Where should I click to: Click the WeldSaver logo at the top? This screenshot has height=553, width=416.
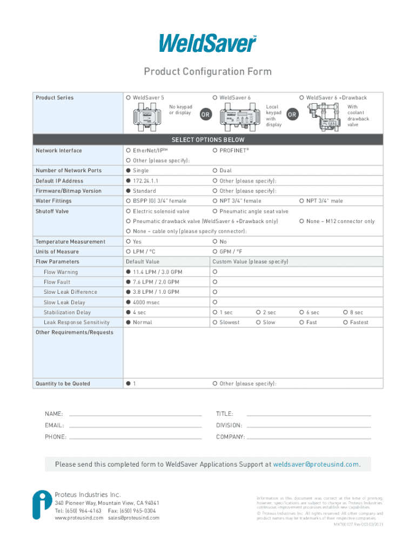(x=207, y=43)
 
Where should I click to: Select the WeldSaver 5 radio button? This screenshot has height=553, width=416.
(x=128, y=98)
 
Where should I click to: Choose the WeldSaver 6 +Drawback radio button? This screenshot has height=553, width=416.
(x=301, y=98)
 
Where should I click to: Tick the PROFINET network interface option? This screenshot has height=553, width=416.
(x=215, y=150)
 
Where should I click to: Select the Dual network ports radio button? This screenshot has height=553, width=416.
(x=215, y=171)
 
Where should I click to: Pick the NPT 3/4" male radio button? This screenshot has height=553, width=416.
(x=301, y=201)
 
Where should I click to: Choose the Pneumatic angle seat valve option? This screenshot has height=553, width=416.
(x=215, y=211)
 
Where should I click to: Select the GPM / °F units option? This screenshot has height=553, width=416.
(x=215, y=252)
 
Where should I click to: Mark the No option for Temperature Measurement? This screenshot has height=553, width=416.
(x=215, y=242)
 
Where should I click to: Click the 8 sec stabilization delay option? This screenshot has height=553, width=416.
(x=345, y=313)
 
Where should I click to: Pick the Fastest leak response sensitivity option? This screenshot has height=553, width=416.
(x=345, y=322)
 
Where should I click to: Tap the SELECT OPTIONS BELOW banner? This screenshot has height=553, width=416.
(x=207, y=140)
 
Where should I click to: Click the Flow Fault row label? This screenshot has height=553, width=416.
(x=57, y=282)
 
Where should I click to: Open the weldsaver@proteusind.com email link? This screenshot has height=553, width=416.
(x=316, y=464)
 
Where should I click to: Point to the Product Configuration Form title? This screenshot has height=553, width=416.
(x=207, y=72)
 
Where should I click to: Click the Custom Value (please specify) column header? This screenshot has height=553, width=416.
(x=250, y=262)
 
